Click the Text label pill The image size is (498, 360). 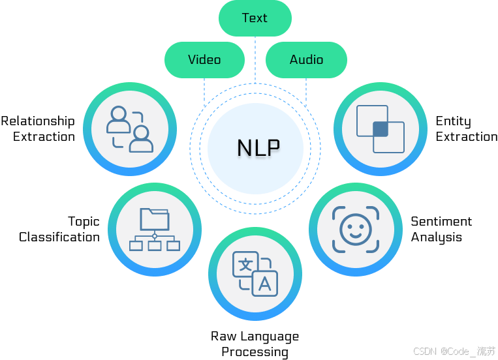[x=255, y=18]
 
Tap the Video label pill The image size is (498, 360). [x=204, y=60]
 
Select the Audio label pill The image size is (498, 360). [x=306, y=60]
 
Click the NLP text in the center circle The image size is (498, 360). [x=258, y=148]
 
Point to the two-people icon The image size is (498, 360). [x=130, y=129]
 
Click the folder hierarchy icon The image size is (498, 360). [x=154, y=230]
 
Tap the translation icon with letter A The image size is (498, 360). [x=255, y=274]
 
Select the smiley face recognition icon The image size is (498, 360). [x=355, y=229]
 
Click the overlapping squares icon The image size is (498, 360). [x=381, y=129]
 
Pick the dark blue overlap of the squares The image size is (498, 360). [x=381, y=128]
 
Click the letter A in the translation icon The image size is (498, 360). [x=264, y=284]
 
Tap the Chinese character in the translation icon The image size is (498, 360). [x=245, y=264]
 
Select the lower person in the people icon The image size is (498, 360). [x=141, y=139]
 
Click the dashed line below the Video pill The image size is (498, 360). [x=204, y=91]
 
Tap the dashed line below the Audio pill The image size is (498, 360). [x=306, y=91]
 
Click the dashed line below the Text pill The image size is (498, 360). [x=255, y=59]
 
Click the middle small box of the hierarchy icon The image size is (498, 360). [x=154, y=246]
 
